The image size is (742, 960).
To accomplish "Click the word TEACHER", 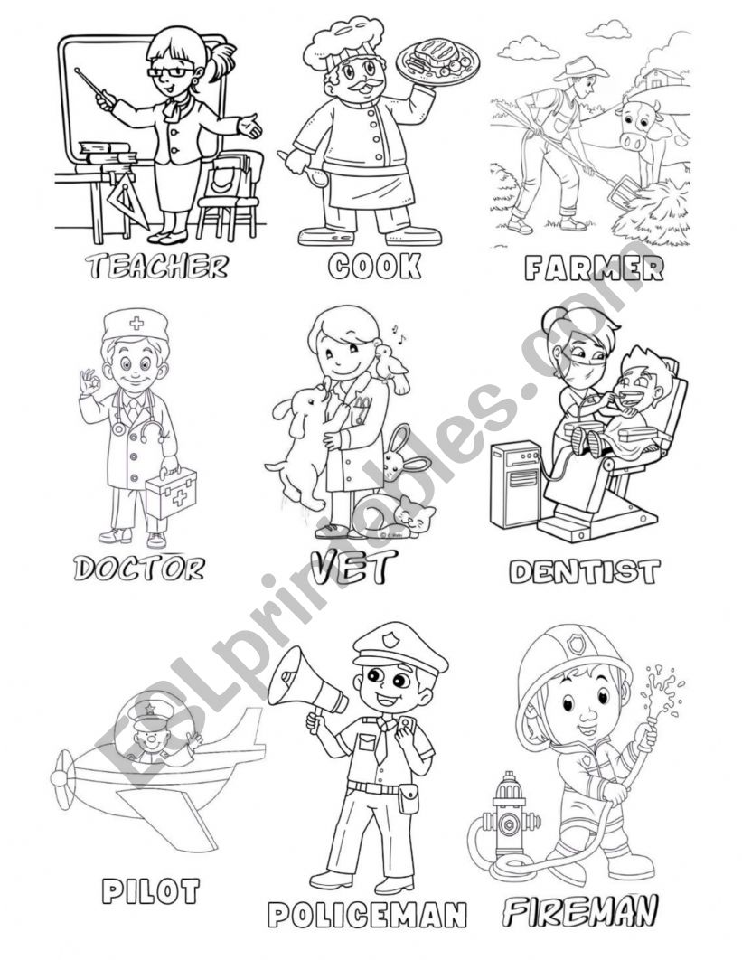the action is click(156, 265).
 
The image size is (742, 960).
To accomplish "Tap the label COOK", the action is click(375, 266).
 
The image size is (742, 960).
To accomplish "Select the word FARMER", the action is click(594, 268).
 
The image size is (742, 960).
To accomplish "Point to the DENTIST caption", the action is click(584, 571).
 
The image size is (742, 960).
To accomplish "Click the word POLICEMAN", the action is click(367, 915).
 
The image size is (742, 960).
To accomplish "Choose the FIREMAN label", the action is click(580, 910).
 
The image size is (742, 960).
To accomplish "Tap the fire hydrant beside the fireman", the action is click(510, 814).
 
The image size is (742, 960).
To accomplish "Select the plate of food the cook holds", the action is click(437, 60).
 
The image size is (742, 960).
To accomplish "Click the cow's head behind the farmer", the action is click(639, 127).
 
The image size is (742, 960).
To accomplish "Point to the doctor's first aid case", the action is click(171, 494).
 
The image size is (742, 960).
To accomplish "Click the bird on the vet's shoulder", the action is click(392, 369).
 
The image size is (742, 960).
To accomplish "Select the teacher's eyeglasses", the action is click(171, 71).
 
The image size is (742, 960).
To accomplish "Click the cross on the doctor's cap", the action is click(136, 324).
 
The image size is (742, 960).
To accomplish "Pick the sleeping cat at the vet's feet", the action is click(397, 516).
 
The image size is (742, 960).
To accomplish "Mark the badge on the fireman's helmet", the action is click(577, 643).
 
